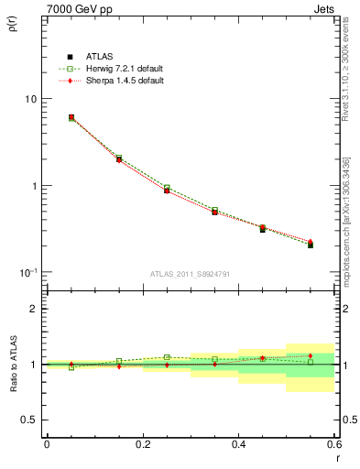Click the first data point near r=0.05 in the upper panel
tap(71, 117)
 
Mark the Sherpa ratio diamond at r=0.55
tap(311, 355)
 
